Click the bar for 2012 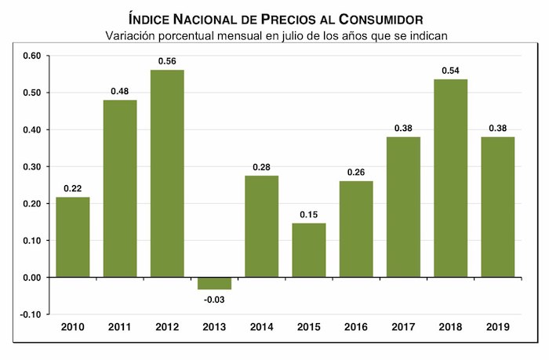[167, 173]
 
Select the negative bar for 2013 [214, 283]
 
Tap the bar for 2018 [450, 178]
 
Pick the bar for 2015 [308, 250]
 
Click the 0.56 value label [167, 61]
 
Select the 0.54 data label [450, 71]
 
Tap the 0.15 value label [308, 215]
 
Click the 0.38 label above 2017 [403, 129]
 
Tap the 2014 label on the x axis [261, 326]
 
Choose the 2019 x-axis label [497, 326]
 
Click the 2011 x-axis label [119, 326]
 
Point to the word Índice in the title [148, 18]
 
